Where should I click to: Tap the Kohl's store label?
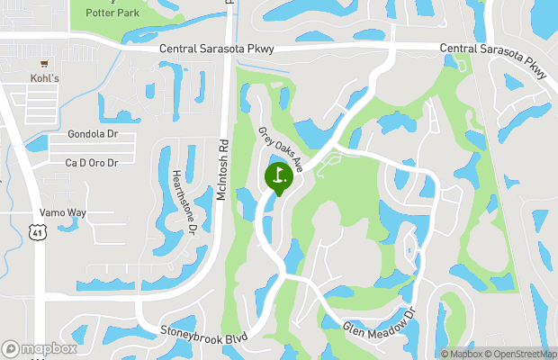tap(43, 78)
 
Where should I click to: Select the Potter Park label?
tap(112, 13)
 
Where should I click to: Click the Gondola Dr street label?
tap(94, 134)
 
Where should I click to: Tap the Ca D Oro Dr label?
tap(92, 162)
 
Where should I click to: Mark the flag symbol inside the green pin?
tap(279, 174)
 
